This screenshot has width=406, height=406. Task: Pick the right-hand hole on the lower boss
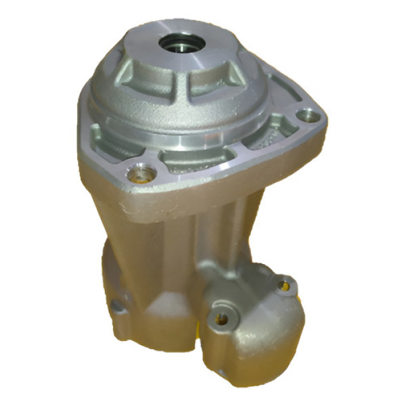click(x=285, y=285)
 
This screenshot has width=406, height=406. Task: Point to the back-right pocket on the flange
click(x=277, y=88)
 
